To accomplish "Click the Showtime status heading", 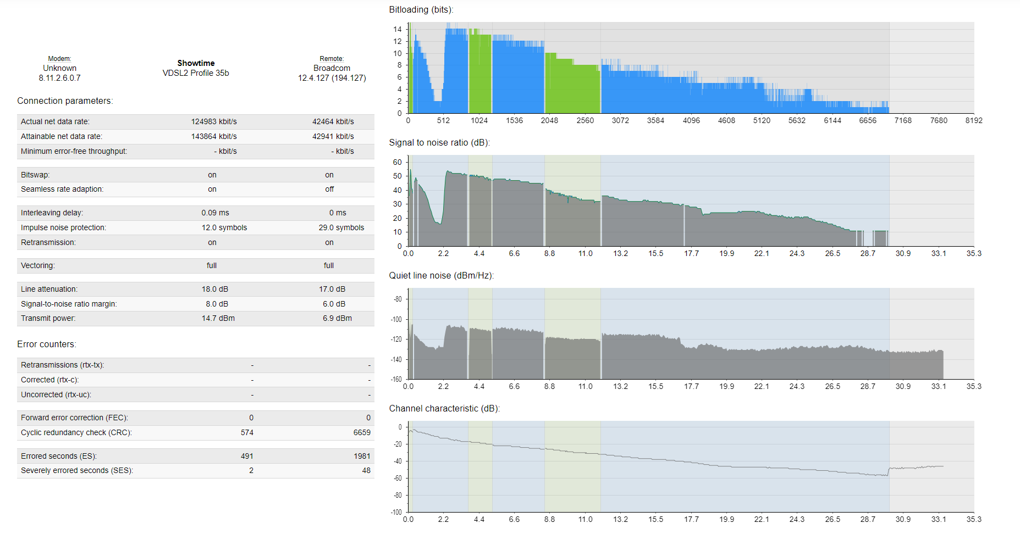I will (196, 63).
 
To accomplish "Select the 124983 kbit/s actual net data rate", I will (214, 121).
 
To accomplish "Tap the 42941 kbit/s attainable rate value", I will (333, 136).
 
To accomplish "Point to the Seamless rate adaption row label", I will (62, 189).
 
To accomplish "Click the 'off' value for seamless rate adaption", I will (329, 189).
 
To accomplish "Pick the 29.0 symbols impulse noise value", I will (341, 227).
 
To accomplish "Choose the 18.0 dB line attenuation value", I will (215, 289).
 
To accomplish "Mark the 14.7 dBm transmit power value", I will (218, 318).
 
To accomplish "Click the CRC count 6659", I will (362, 432).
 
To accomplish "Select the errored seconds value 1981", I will (362, 456).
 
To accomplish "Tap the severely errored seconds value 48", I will (366, 470).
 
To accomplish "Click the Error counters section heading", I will (47, 344).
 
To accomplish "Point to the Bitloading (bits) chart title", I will (421, 10).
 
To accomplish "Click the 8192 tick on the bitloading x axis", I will (974, 120).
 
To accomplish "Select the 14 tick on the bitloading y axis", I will (398, 29).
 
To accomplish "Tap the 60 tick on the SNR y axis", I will (398, 162).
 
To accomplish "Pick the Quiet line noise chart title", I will (442, 275).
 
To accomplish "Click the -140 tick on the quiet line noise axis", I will (396, 359).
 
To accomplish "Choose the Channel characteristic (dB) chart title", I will (444, 408).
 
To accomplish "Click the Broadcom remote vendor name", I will (332, 68).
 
